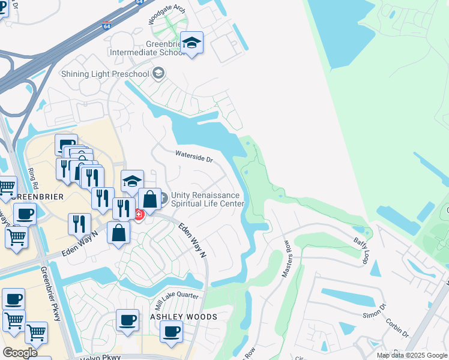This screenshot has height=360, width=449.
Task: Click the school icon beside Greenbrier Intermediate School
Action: coord(191,43)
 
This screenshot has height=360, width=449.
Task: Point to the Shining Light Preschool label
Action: coord(105,74)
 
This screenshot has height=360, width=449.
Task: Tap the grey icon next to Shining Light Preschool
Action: coord(158,74)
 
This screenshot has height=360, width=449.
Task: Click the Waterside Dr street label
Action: coord(194,157)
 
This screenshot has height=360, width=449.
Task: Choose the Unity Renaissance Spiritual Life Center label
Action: coord(208,199)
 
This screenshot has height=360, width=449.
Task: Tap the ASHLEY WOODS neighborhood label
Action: coord(183,316)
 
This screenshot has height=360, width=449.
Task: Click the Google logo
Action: coord(20,352)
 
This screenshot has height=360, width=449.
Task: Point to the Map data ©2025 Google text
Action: coord(411,355)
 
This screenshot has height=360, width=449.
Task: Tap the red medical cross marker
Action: coord(139,214)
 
